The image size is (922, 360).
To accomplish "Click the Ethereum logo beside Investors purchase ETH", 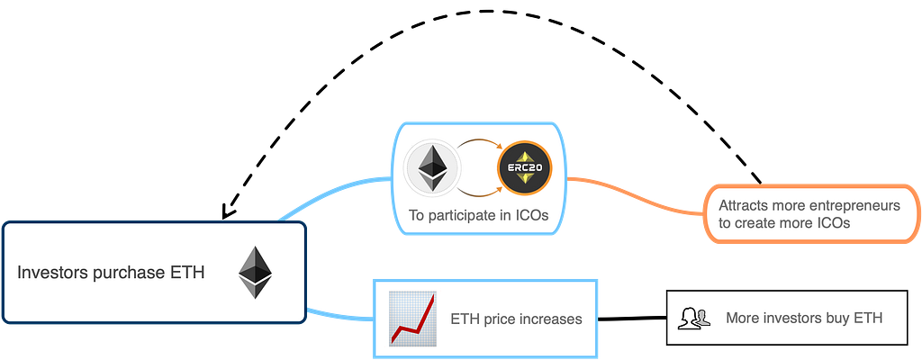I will [x=255, y=274].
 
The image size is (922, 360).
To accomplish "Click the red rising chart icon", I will [x=412, y=318].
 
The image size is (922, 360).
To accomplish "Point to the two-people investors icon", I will [x=695, y=318].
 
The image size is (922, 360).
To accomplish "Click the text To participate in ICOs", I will [x=477, y=216].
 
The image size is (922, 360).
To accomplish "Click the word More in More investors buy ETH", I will [x=744, y=318].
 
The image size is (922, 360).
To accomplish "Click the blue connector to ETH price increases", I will [x=340, y=315].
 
